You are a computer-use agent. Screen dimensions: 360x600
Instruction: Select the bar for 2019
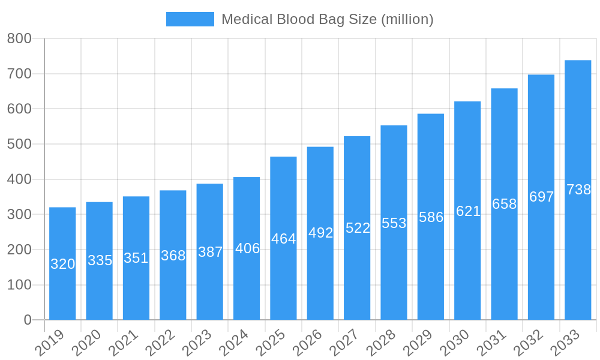62,288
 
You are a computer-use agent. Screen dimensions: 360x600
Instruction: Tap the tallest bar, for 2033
578,252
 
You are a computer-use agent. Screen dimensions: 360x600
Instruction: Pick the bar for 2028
394,270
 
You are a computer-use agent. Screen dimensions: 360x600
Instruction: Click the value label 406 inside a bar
247,248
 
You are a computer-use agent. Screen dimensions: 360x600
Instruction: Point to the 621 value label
468,211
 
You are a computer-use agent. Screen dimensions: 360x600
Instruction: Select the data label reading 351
136,258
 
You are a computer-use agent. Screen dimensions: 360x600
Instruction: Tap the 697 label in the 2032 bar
541,197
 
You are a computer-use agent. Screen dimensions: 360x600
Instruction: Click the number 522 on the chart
358,228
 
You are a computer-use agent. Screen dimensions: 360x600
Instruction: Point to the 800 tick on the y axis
19,39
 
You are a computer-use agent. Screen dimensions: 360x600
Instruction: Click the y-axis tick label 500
19,145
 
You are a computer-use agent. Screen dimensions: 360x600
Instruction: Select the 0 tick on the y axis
28,320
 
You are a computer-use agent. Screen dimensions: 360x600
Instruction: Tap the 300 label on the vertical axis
19,215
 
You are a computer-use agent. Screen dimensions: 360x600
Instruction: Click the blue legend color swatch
190,19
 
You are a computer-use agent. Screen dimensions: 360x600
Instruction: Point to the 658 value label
505,204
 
